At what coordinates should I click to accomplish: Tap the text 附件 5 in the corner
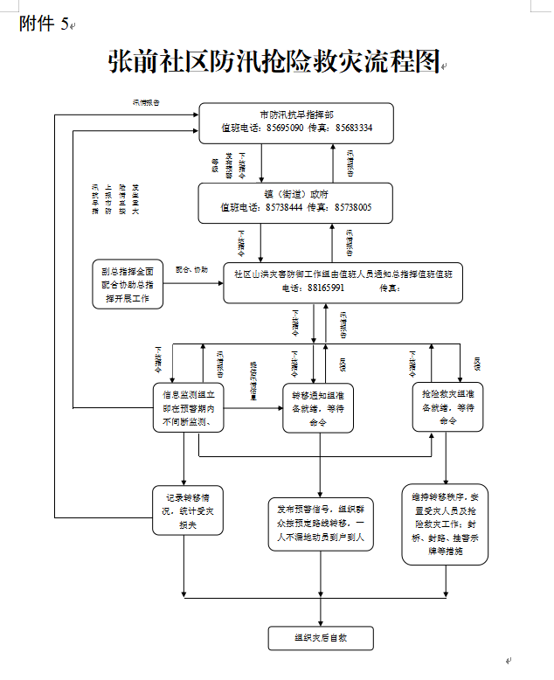(43, 24)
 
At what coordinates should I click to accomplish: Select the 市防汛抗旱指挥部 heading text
(296, 114)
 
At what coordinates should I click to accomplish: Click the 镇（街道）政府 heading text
(296, 194)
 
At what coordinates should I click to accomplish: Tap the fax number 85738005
(353, 207)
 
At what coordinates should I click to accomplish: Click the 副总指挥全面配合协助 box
(128, 284)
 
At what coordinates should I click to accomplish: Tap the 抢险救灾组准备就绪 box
(448, 406)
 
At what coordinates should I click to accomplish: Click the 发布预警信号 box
(321, 524)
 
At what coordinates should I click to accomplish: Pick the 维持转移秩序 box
(445, 524)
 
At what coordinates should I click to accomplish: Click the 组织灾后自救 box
(321, 637)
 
